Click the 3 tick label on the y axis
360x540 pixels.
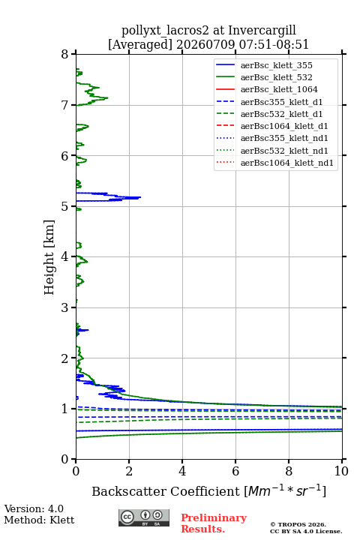(x=64, y=307)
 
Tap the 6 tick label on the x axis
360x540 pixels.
(x=235, y=471)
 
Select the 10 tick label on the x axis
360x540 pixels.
(x=342, y=471)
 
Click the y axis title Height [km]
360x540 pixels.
(x=49, y=257)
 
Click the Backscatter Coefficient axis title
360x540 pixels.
(x=208, y=490)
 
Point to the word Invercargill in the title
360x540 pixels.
(x=262, y=31)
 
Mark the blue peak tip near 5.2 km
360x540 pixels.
(x=140, y=197)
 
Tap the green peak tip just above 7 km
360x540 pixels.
(x=108, y=97)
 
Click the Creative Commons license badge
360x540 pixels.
(x=144, y=517)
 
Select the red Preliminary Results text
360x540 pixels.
(x=214, y=523)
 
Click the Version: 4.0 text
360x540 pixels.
(x=34, y=508)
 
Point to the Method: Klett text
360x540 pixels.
(x=39, y=520)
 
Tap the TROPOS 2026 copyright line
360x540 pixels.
(x=298, y=524)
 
